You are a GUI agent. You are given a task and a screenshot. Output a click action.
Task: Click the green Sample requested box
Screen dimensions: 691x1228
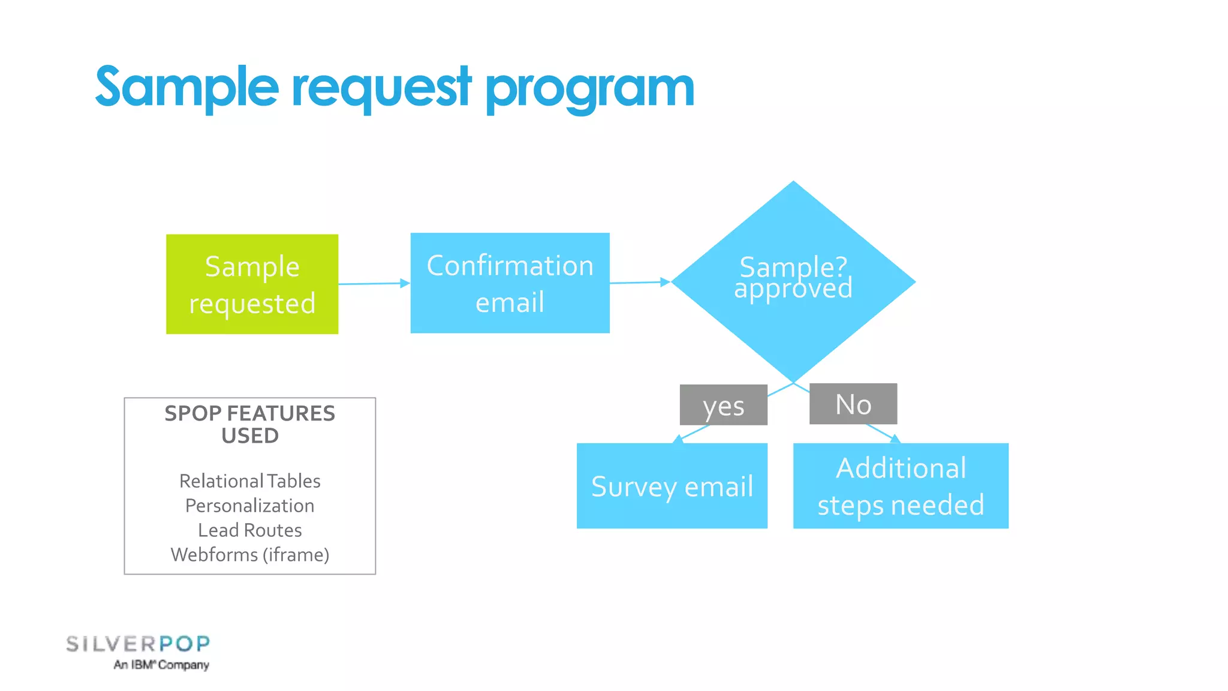tap(252, 284)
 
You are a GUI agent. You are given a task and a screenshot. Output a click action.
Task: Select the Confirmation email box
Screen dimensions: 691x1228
tap(510, 283)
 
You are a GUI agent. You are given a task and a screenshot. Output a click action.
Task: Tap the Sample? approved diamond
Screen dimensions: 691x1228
tap(793, 282)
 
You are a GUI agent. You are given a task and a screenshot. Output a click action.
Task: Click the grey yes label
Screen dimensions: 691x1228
tap(723, 405)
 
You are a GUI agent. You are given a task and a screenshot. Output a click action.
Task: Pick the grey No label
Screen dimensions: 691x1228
tap(853, 404)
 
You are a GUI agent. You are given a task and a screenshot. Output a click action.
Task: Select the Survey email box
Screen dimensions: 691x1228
tap(672, 486)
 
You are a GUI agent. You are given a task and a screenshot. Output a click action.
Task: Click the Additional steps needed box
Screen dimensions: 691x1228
tap(901, 486)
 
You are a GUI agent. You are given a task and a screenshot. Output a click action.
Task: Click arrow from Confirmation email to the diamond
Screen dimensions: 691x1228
tap(639, 283)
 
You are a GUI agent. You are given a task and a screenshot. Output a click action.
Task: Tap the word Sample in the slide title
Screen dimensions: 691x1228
tap(186, 88)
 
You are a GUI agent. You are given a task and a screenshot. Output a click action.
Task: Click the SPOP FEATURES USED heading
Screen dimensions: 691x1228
tap(249, 424)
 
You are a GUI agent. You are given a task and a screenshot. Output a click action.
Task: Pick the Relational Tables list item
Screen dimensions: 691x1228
tap(249, 481)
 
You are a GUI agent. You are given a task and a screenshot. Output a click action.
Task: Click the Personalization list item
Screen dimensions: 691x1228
tap(249, 506)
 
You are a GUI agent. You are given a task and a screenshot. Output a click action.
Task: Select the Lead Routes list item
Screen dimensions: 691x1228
tap(249, 530)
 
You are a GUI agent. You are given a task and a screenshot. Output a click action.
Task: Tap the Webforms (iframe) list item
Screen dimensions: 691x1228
tap(249, 555)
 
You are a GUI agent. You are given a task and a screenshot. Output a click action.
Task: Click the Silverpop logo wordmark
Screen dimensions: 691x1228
tap(138, 644)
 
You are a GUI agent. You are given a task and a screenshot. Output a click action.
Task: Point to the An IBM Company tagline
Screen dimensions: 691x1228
tap(161, 665)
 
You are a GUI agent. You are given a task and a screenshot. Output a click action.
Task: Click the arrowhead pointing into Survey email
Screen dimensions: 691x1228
tap(678, 440)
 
